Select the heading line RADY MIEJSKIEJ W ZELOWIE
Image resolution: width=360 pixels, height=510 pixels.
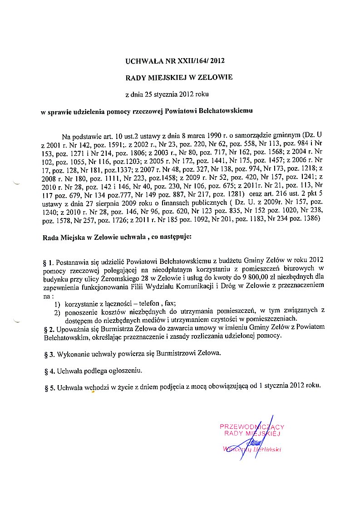(179, 77)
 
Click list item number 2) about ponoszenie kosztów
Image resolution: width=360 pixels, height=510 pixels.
(58, 311)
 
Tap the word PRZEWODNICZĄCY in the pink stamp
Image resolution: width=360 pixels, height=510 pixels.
(252, 426)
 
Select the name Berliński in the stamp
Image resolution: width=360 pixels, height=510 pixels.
(266, 450)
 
